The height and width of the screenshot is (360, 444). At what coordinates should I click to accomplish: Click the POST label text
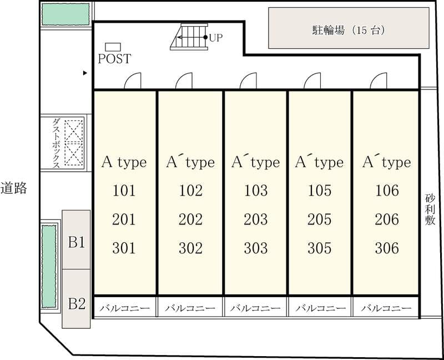click(114, 59)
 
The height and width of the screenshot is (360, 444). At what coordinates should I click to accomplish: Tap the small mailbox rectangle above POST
click(113, 47)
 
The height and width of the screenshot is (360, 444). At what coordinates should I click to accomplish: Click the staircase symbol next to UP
click(189, 37)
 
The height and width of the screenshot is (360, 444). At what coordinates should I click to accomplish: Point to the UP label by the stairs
click(216, 37)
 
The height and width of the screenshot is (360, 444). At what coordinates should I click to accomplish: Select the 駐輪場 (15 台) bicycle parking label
click(349, 30)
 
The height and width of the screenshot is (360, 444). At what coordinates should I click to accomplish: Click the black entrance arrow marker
click(85, 73)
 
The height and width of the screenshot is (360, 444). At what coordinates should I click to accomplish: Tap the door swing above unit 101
click(133, 81)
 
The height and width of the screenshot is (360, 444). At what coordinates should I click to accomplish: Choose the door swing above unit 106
click(379, 81)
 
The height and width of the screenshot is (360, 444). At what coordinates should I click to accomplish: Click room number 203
click(256, 219)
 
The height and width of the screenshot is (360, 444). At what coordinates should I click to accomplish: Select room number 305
click(320, 248)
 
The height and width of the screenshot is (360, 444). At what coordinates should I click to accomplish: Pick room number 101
click(124, 190)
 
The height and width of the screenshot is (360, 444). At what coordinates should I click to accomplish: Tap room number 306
click(387, 248)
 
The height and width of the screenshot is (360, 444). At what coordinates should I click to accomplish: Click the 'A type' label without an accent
click(124, 162)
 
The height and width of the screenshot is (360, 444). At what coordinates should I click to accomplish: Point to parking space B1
click(77, 242)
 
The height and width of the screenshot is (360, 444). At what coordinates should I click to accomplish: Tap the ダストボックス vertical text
click(56, 143)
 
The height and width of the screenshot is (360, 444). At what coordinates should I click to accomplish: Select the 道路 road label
click(13, 188)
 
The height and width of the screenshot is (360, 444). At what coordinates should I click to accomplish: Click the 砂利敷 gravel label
click(430, 209)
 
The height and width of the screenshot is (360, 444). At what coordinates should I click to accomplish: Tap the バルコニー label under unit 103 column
click(255, 308)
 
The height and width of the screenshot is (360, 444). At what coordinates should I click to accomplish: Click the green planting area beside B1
click(49, 266)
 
